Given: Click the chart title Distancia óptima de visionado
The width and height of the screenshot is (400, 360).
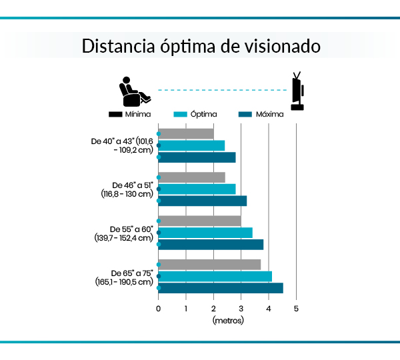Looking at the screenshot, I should pos(200,47).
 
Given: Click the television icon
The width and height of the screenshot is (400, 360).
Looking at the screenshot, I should pos(297,91).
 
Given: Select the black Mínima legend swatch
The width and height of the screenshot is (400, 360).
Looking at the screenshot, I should pos(115,114).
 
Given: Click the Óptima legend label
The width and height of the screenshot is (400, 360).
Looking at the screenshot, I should pos(204,114).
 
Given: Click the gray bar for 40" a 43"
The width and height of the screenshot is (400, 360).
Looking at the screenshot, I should pos(186,134).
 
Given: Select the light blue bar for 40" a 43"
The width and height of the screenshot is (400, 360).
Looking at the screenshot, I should pos(192,145).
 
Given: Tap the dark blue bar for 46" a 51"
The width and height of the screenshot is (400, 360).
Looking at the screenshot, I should pos(203,201).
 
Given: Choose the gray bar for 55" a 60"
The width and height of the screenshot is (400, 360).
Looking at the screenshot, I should pos(200,221).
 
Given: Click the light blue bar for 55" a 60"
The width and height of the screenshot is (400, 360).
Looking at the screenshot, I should pos(205,232).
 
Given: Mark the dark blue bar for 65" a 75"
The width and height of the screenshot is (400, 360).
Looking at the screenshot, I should pos(221,288).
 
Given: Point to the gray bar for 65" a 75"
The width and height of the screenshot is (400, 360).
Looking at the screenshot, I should pos(209,265).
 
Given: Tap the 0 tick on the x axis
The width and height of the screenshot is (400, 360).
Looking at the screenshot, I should pos(159,308).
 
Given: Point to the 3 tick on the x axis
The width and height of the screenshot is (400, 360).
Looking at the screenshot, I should pos(241,308).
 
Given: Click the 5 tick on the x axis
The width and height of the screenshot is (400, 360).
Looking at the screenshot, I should pos(296,308).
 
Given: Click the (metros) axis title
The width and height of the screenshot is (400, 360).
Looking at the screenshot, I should pos(228,321).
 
